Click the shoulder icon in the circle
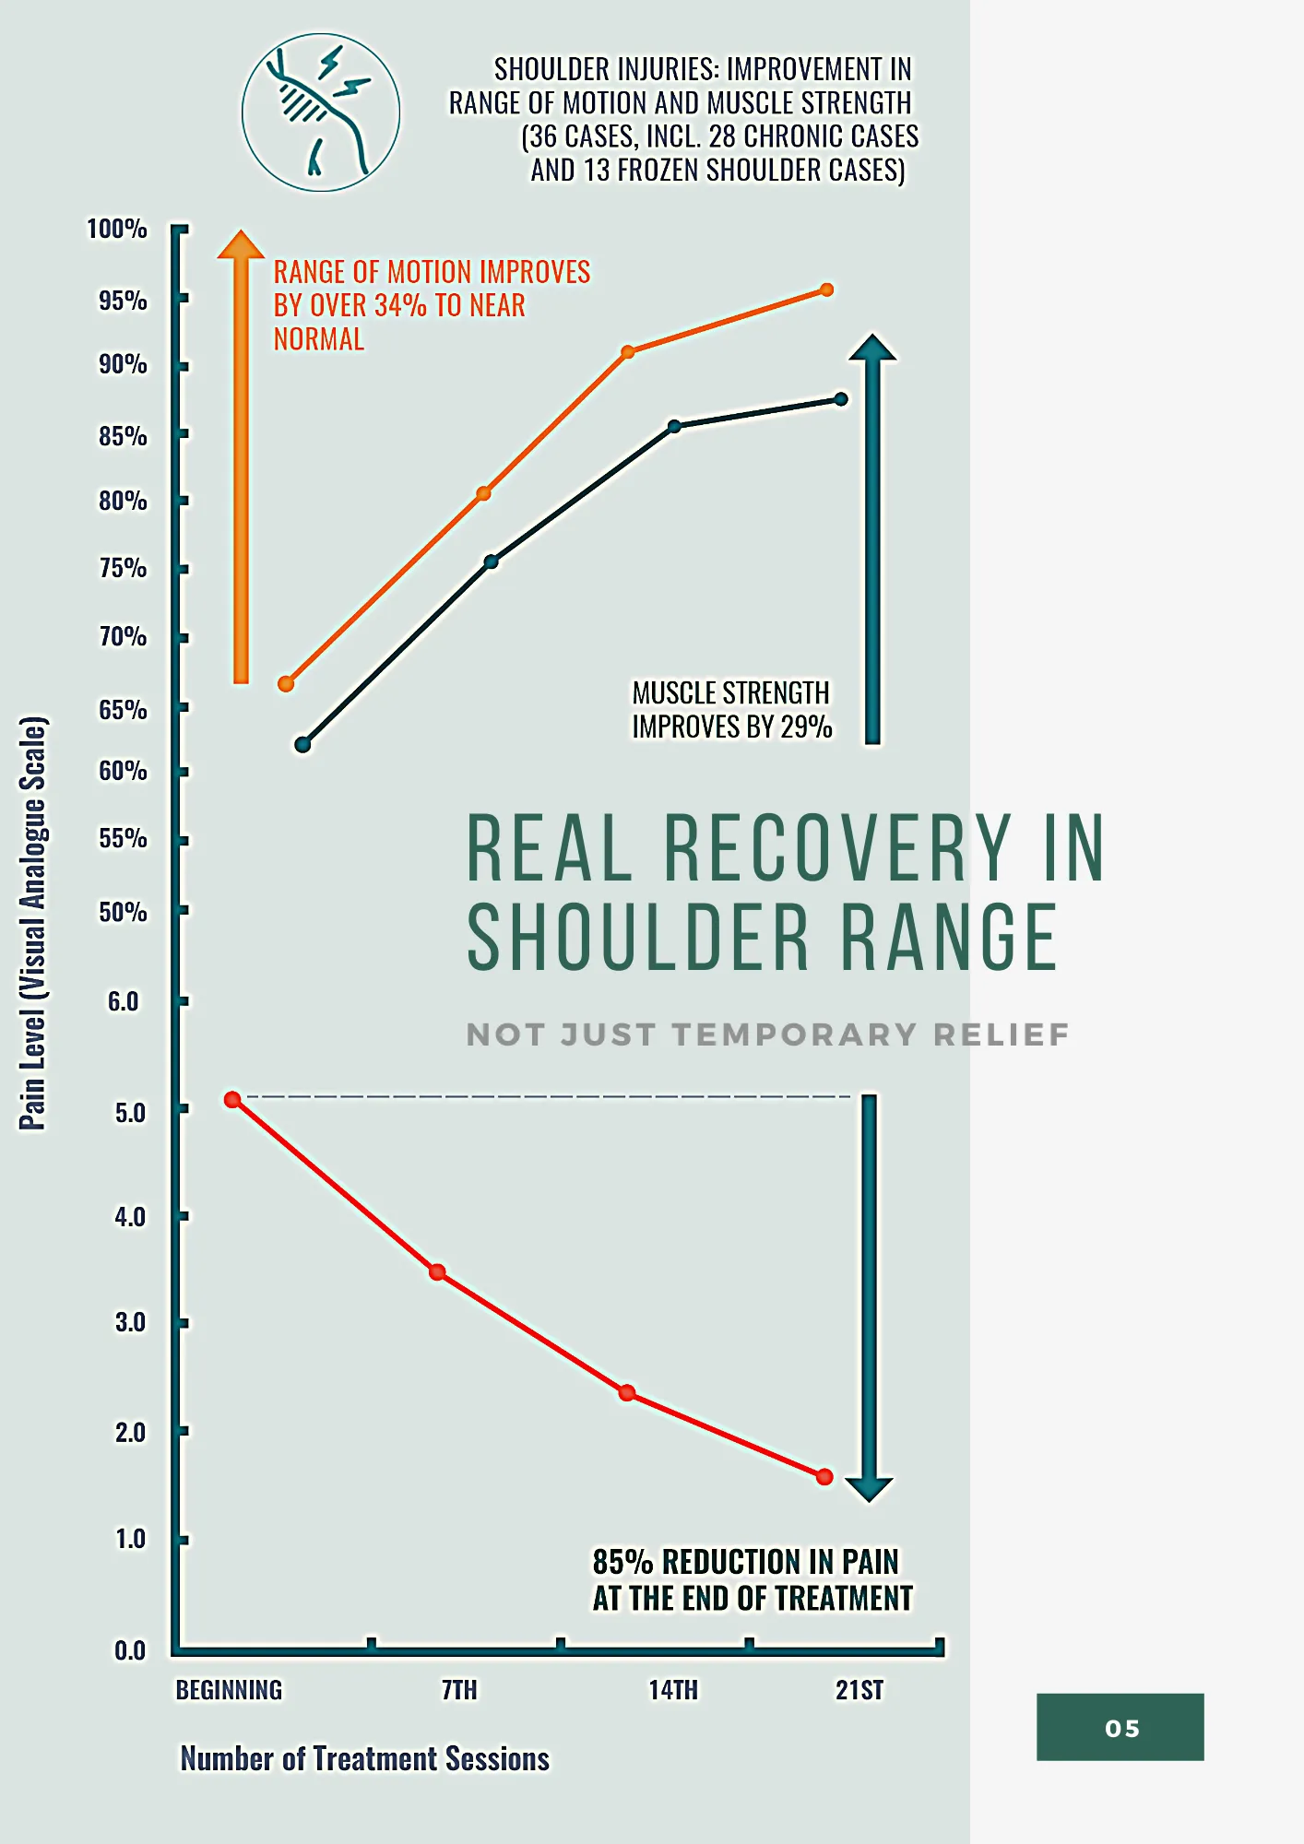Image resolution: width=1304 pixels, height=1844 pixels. [320, 112]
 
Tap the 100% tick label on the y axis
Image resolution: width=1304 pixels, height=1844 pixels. [117, 229]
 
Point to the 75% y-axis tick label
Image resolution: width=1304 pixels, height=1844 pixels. [123, 568]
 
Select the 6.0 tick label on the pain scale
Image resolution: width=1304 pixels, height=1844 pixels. [124, 1001]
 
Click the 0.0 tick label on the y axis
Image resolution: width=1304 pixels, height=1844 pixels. [130, 1650]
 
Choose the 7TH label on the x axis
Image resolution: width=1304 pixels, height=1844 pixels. [459, 1690]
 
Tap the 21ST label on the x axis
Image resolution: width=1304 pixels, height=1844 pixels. [859, 1690]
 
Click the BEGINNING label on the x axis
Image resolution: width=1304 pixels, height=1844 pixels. [230, 1690]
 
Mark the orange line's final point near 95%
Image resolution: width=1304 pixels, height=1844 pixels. [827, 290]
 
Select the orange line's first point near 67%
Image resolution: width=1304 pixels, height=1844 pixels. [286, 684]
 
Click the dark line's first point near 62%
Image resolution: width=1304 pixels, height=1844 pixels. [302, 744]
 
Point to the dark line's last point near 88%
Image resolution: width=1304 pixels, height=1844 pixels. [841, 399]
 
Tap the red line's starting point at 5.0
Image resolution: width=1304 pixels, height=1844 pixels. [232, 1100]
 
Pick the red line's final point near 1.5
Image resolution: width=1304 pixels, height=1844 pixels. [825, 1477]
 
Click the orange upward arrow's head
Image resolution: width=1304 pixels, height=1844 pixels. [241, 245]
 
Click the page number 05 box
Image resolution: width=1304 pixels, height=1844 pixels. [1120, 1728]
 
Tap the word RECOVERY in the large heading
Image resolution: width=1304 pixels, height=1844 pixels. [837, 848]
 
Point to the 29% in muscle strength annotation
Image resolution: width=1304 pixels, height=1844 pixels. [806, 727]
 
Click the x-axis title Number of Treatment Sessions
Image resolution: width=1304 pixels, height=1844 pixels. [365, 1759]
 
